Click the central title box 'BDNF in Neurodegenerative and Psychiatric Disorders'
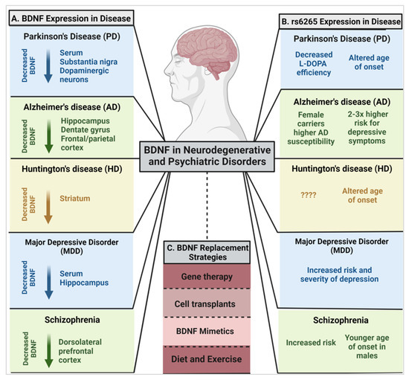(207, 156)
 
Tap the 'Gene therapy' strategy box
(207, 276)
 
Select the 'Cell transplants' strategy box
(207, 303)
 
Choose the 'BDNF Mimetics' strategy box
(207, 332)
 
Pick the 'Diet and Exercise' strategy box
(207, 359)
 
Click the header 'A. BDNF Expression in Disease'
(71, 19)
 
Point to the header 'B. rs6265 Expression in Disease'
(341, 22)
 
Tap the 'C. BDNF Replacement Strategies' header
(207, 252)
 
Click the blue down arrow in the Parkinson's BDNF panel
(48, 66)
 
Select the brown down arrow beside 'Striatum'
(48, 207)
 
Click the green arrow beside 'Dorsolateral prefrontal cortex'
(49, 351)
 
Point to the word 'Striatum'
(75, 199)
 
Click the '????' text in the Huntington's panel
(309, 195)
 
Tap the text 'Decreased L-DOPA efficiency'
(314, 64)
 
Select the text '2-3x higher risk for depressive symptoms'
(367, 128)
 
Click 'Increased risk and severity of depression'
(339, 274)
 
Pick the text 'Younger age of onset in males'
(367, 347)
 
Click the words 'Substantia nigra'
(88, 62)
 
